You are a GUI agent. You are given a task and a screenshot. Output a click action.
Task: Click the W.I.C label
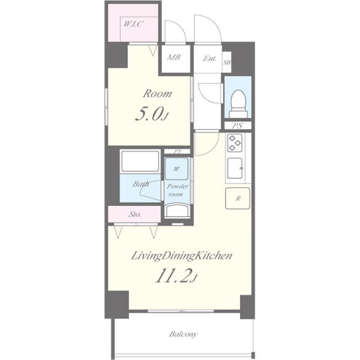tap(134, 24)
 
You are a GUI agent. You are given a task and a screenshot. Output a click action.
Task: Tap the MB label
tap(174, 57)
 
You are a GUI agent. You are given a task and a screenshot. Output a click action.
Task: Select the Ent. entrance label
tap(209, 59)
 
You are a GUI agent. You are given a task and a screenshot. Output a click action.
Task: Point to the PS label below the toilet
tap(238, 125)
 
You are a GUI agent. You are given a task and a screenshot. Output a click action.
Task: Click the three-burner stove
tap(235, 143)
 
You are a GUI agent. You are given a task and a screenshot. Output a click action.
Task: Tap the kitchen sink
tap(235, 169)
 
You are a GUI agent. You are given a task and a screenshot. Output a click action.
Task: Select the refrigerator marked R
tap(238, 199)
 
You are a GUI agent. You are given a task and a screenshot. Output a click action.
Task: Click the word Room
tap(157, 94)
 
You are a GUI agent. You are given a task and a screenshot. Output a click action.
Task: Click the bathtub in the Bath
tap(140, 161)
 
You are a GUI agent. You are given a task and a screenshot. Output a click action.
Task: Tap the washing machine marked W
tap(176, 169)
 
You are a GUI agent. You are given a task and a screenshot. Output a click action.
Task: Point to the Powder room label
tap(177, 190)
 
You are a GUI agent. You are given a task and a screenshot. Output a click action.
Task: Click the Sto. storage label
tap(135, 214)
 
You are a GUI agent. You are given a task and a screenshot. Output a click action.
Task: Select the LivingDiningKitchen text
tap(182, 256)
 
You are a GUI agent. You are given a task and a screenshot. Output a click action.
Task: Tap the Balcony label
tap(183, 334)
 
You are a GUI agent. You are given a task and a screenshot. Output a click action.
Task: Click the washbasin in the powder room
tap(178, 211)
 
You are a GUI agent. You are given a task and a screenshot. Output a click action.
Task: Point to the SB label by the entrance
tap(227, 62)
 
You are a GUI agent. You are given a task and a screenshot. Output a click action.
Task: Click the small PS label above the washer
tap(177, 151)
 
